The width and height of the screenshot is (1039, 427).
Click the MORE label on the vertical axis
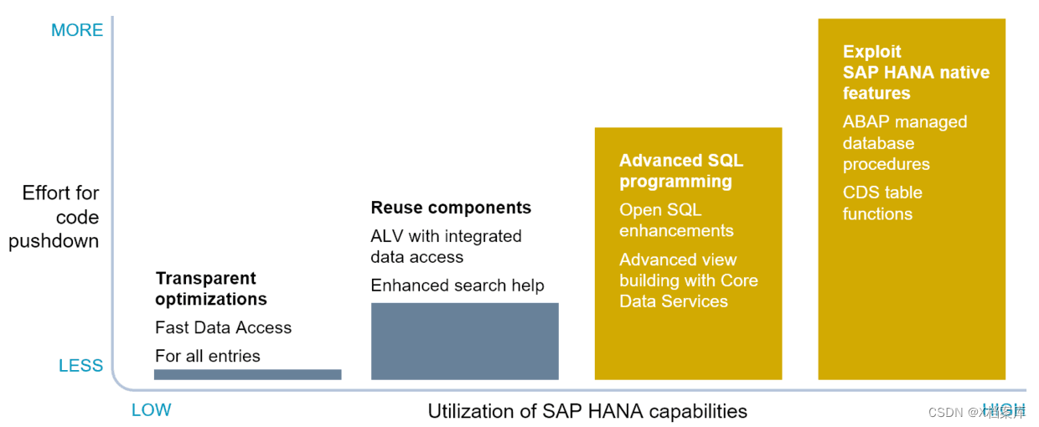point(77,30)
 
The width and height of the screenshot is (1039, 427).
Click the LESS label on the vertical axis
point(80,366)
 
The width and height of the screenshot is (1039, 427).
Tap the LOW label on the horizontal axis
point(151,410)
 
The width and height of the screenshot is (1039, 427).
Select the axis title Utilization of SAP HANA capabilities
point(587,411)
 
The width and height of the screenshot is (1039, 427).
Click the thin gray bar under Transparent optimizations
point(247,374)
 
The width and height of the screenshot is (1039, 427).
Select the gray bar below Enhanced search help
point(464,341)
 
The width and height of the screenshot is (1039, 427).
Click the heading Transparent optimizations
point(211,289)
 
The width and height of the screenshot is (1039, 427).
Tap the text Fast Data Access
point(223,327)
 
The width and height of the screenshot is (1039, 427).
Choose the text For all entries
point(207,356)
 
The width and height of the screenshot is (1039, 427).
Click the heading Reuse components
point(451,208)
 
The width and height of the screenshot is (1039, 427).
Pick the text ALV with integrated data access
point(446,247)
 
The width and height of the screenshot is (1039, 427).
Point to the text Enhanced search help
point(457,286)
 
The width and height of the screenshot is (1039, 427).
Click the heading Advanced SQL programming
point(680,171)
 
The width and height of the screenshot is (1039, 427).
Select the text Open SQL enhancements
point(676,220)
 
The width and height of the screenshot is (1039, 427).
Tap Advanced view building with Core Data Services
point(688,280)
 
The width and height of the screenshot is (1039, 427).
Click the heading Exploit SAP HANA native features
point(915,72)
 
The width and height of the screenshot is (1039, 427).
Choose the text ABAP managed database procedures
point(904,143)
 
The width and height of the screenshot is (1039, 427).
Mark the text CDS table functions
point(882,203)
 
